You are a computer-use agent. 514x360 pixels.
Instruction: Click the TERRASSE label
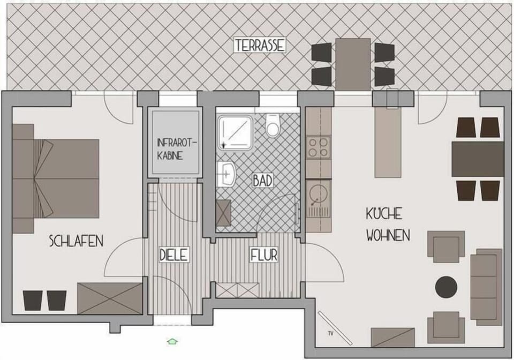click(x=259, y=45)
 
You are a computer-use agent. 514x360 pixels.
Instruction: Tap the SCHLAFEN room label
click(x=76, y=241)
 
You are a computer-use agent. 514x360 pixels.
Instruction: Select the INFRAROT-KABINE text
click(x=176, y=149)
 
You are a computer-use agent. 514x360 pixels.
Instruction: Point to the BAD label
click(x=262, y=181)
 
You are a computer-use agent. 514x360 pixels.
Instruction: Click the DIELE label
click(x=174, y=255)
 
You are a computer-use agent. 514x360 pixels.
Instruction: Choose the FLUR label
click(x=264, y=255)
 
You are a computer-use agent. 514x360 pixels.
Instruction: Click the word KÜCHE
click(x=384, y=214)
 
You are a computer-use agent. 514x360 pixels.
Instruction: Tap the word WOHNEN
click(x=388, y=235)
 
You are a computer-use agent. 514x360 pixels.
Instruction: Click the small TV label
click(x=330, y=334)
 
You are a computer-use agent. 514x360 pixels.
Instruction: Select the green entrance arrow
click(x=172, y=341)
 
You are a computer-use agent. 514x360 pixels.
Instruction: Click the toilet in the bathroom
click(x=273, y=126)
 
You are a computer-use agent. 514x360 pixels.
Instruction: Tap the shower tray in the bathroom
click(x=236, y=132)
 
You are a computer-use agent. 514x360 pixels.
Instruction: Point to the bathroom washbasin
click(x=227, y=174)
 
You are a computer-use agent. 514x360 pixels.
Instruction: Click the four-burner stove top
click(x=319, y=147)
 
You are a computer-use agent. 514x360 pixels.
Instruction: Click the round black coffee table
click(x=446, y=287)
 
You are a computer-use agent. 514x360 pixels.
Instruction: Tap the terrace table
click(x=353, y=64)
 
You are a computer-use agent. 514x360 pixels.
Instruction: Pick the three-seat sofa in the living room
click(x=487, y=284)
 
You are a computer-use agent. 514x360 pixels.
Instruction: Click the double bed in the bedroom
click(x=56, y=179)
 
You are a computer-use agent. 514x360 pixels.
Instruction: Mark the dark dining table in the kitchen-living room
click(x=478, y=159)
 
